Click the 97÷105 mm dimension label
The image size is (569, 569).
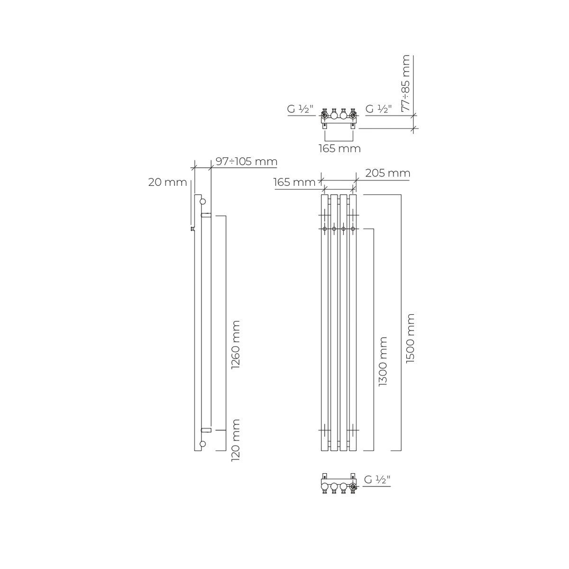[x=246, y=162]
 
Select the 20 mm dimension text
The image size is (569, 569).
[x=167, y=183]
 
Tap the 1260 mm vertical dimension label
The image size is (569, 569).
[x=236, y=344]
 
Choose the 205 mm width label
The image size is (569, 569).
[x=388, y=174]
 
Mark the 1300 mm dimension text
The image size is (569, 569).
[x=383, y=362]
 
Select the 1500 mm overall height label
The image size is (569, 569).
[x=410, y=339]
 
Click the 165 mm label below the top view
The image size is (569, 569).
[x=340, y=148]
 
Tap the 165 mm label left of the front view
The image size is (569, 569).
[x=294, y=183]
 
